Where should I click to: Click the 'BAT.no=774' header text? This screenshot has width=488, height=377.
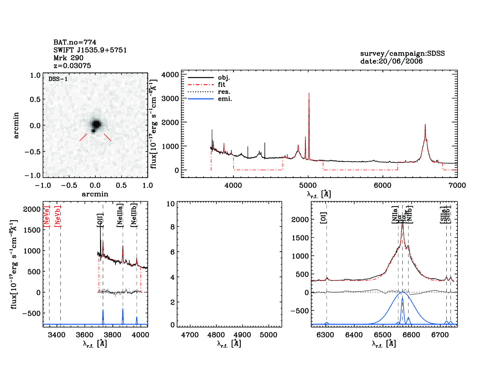coord(75,42)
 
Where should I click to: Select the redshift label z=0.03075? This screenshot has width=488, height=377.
coord(72,66)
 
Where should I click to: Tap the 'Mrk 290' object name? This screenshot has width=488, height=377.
coord(68,58)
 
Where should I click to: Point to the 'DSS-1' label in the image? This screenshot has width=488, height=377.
coord(58,79)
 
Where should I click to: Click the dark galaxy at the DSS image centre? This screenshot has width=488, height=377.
coord(96,124)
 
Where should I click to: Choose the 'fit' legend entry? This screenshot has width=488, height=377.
coord(222,85)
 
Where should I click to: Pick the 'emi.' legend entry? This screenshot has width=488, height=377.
coord(225,99)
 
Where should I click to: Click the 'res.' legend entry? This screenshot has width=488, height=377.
coord(224,92)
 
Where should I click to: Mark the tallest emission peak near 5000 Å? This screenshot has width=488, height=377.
coord(309,94)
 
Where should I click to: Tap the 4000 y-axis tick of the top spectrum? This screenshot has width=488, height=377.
coord(170,75)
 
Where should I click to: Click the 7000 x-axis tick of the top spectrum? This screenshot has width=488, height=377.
coord(457,185)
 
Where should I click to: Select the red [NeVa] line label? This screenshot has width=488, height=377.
coord(46,216)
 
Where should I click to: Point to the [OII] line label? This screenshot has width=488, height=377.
coord(100,220)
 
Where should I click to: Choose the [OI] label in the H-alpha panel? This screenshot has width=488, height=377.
coord(324,217)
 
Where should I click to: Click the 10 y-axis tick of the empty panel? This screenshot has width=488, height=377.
coord(171,204)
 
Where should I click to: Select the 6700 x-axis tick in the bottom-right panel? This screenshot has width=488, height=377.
coord(440,335)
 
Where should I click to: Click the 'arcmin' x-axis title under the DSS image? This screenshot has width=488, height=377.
coord(95,194)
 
